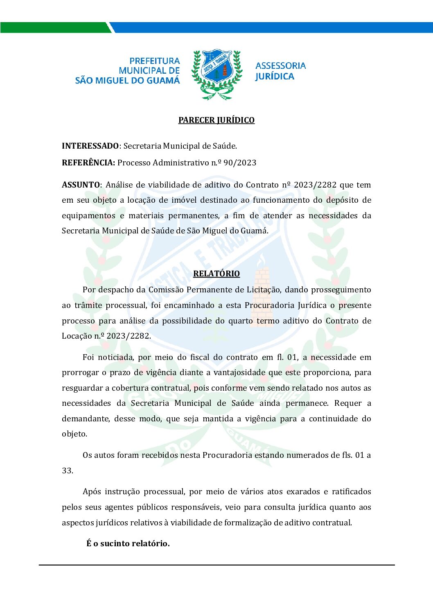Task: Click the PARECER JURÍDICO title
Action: pyautogui.click(x=216, y=120)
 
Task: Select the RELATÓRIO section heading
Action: pyautogui.click(x=216, y=274)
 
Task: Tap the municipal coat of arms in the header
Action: pyautogui.click(x=216, y=75)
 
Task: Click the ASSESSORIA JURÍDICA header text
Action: pyautogui.click(x=280, y=71)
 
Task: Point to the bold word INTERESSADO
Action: pyautogui.click(x=90, y=146)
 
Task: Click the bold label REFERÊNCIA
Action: pyautogui.click(x=88, y=163)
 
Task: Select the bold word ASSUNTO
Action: pyautogui.click(x=81, y=185)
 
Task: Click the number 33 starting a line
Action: pyautogui.click(x=67, y=470)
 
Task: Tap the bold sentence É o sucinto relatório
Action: pyautogui.click(x=128, y=543)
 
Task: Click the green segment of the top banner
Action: pyautogui.click(x=55, y=27)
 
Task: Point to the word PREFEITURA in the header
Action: pyautogui.click(x=155, y=61)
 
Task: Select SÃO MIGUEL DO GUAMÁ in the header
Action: pyautogui.click(x=127, y=81)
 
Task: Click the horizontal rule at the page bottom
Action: pyautogui.click(x=216, y=565)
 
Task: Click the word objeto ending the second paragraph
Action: pyautogui.click(x=74, y=434)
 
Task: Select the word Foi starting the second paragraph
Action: pyautogui.click(x=88, y=357)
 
